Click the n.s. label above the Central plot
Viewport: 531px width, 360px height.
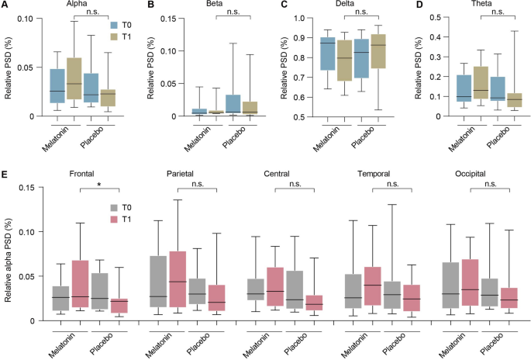[x=295, y=184]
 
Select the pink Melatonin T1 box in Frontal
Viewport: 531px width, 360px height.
[x=59, y=287]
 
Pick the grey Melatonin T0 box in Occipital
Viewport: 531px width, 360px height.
[x=449, y=286]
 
